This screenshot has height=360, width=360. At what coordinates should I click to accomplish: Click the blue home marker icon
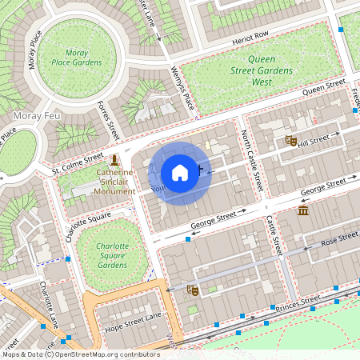180,173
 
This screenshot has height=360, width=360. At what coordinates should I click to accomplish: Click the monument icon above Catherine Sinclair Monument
115,160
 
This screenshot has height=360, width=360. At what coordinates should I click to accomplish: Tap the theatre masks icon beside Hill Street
291,141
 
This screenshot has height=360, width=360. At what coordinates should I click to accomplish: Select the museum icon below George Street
303,210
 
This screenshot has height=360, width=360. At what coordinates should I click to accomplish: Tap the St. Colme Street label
78,163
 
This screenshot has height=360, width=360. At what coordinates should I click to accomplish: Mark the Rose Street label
339,238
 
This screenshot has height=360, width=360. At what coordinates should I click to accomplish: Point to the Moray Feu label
22,116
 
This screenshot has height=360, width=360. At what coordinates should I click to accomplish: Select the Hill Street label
314,140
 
